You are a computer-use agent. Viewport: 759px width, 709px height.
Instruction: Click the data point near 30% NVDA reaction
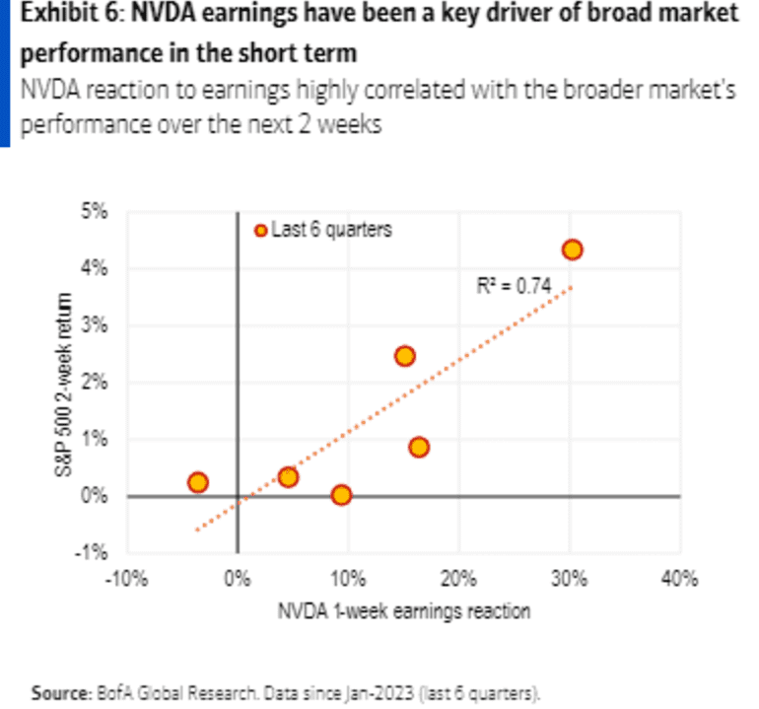click(572, 249)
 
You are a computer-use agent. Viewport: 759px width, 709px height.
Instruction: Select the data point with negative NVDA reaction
click(197, 482)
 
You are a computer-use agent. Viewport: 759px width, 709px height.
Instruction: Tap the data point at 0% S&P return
click(341, 495)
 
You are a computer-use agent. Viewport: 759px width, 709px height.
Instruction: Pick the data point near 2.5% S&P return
click(404, 356)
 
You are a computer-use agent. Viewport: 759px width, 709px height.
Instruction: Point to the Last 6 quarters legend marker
click(260, 230)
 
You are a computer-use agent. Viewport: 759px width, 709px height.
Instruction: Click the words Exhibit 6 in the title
click(55, 15)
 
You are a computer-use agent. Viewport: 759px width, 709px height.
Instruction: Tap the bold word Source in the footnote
click(58, 690)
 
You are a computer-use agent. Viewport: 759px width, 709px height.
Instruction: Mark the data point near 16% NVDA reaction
click(419, 447)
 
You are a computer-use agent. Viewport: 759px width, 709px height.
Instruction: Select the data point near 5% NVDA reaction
click(288, 476)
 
